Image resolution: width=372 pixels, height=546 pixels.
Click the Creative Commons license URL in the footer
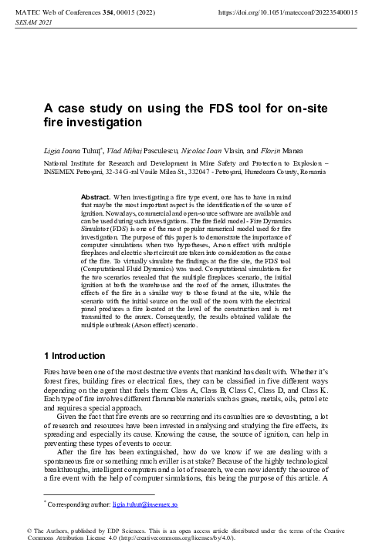pyautogui.click(x=169, y=537)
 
